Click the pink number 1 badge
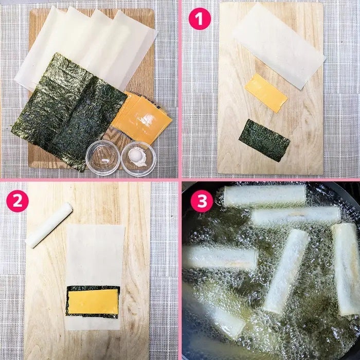click(x=200, y=19)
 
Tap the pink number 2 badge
click(x=17, y=201)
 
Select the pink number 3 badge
click(x=202, y=201)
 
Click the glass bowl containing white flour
click(x=138, y=158)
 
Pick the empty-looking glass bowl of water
click(x=103, y=158)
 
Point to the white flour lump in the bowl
click(x=137, y=156)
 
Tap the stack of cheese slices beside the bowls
click(x=141, y=118)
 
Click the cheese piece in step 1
click(x=266, y=93)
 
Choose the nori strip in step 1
click(x=264, y=140)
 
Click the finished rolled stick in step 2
click(x=49, y=225)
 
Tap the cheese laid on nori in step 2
click(x=93, y=301)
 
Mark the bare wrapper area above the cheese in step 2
click(x=95, y=255)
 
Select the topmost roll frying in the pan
click(x=265, y=195)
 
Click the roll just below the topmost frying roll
click(x=296, y=215)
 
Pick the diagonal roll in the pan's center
click(x=286, y=271)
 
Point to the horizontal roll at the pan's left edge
click(x=220, y=258)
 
